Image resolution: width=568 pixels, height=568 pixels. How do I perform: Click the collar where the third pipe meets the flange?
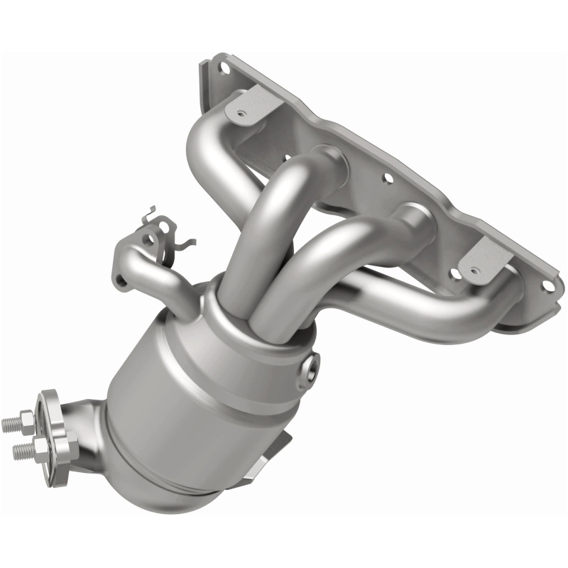click(415, 220)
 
